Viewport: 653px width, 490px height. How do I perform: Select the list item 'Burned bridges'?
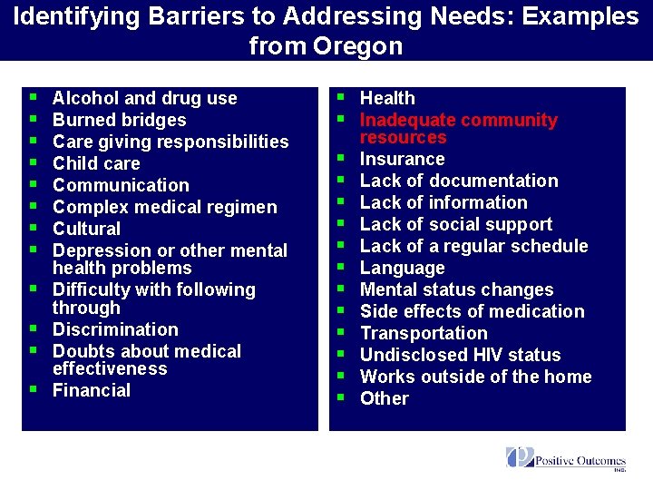(119, 120)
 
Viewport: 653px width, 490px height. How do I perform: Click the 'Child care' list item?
(96, 163)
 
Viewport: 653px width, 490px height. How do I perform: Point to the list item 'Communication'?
(121, 185)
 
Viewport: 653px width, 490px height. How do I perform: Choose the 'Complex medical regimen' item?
(164, 207)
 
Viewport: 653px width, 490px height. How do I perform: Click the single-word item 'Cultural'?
(86, 229)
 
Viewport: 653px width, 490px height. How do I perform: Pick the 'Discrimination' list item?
(115, 329)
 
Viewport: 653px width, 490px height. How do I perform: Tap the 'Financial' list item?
(92, 390)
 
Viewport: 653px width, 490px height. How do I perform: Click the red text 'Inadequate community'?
(458, 120)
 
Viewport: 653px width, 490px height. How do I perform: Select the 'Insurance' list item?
(402, 159)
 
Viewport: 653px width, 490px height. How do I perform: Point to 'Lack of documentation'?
(459, 181)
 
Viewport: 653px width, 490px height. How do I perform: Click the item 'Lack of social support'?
(455, 224)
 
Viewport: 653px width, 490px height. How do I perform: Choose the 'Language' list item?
(402, 268)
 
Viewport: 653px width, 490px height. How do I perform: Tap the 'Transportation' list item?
(424, 333)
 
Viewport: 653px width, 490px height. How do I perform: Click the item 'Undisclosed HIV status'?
(460, 355)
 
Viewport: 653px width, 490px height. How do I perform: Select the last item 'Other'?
(385, 398)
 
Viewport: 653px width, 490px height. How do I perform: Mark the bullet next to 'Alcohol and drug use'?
(34, 96)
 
